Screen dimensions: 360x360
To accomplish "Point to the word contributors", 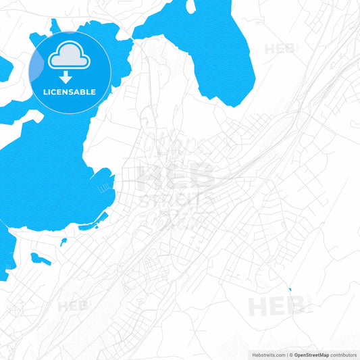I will click(x=344, y=355).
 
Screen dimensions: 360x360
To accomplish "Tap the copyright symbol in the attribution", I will click(x=291, y=355).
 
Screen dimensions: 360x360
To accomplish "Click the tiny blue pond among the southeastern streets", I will click(x=290, y=290).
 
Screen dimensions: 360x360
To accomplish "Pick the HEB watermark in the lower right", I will click(x=276, y=307).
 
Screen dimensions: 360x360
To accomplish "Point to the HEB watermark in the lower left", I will click(x=73, y=306).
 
